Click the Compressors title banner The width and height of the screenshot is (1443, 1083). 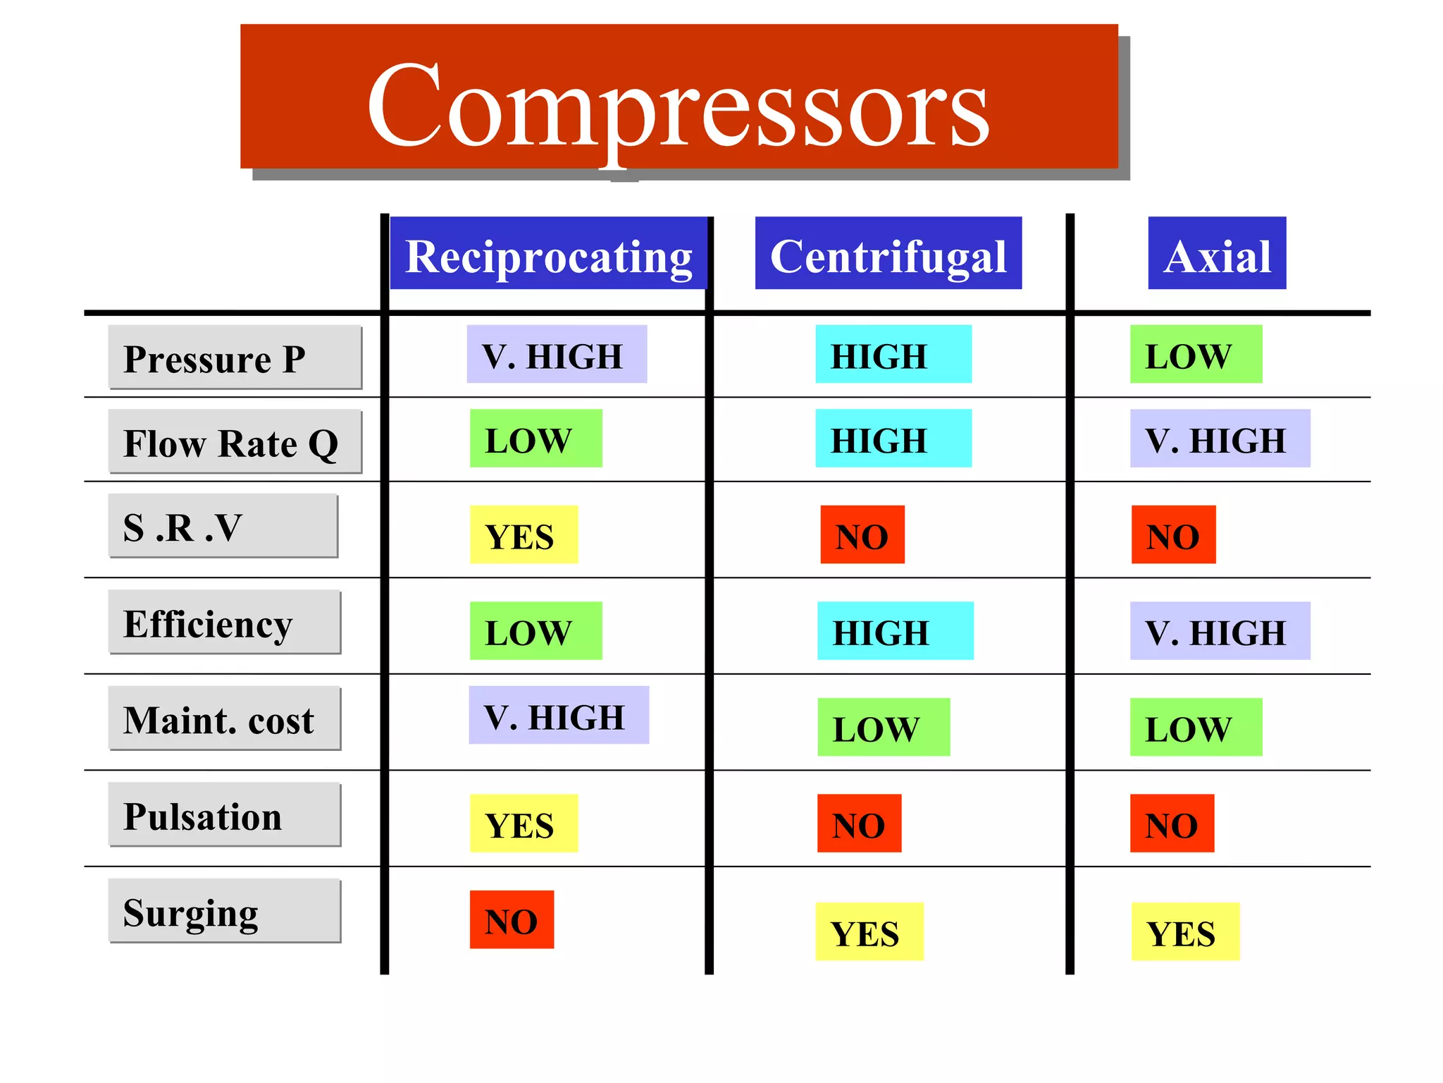click(679, 97)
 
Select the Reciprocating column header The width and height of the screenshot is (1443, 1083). click(548, 253)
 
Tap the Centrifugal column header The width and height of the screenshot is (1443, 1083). click(888, 253)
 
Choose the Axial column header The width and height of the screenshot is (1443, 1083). click(1217, 253)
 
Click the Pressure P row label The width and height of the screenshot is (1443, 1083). click(235, 357)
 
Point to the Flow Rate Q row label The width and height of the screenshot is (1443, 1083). click(235, 441)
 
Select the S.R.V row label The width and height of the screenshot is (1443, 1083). click(223, 525)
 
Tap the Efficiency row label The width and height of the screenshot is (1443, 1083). click(224, 622)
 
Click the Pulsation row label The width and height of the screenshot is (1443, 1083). click(224, 814)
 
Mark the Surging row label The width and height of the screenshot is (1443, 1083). click(224, 910)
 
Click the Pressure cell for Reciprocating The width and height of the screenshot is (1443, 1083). click(557, 354)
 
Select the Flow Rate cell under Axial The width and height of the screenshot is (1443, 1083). click(1220, 438)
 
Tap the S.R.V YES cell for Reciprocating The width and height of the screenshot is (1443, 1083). click(524, 534)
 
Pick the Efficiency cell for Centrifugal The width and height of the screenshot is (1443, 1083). click(895, 630)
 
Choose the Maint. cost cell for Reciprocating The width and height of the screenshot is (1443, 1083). click(559, 715)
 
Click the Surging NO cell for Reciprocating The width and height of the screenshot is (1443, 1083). click(512, 919)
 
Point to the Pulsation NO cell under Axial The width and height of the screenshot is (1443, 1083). click(1172, 823)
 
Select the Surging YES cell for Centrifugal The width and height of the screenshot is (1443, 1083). click(869, 931)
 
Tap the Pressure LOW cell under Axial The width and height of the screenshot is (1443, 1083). click(1196, 354)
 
